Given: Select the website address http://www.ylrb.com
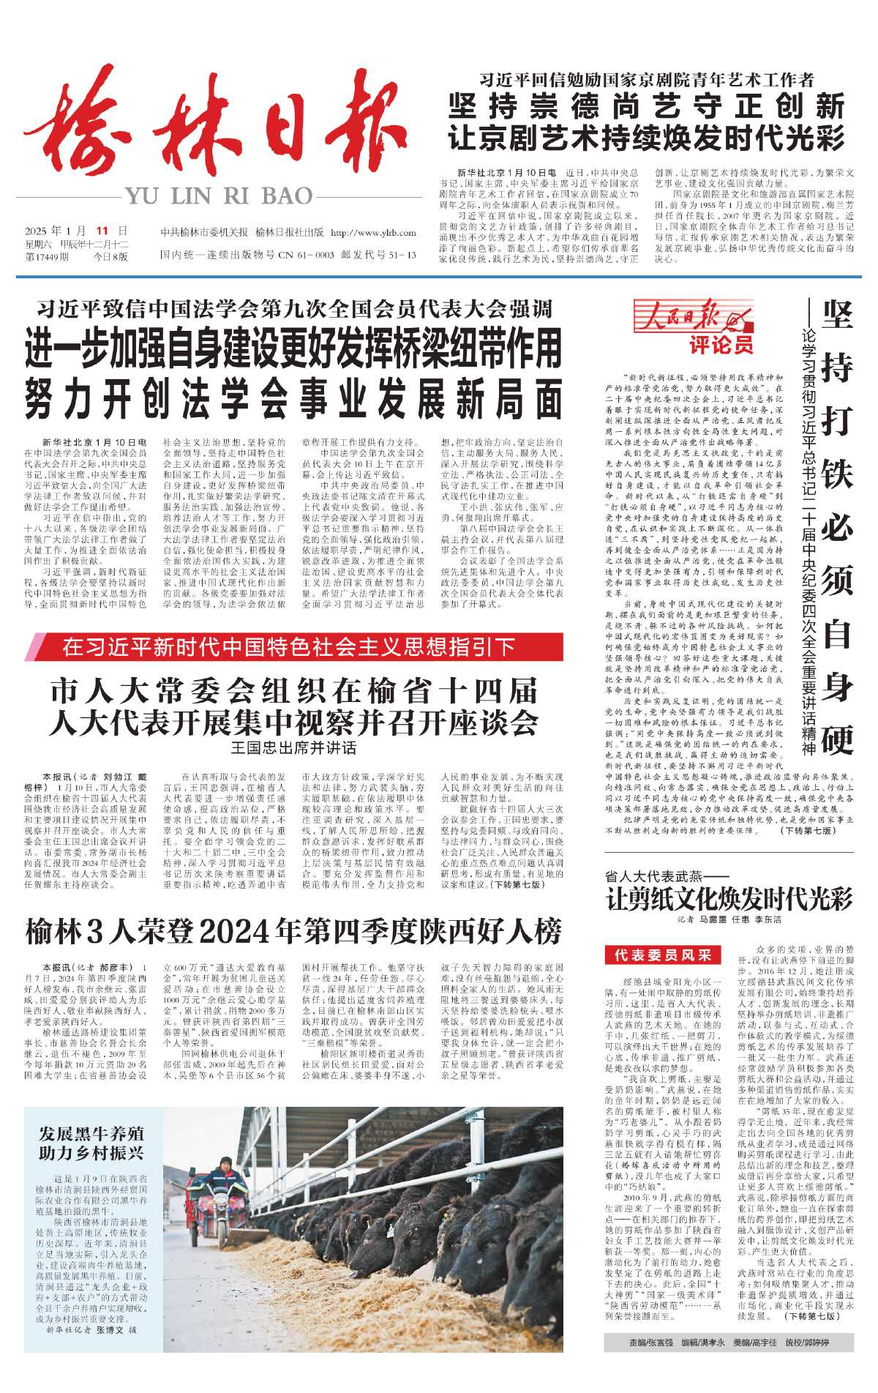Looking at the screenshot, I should pos(373,233).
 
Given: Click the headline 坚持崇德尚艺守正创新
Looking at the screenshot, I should pos(647,107).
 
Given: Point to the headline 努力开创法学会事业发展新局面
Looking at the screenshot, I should pos(293,400).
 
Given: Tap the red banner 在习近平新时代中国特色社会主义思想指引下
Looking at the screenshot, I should pos(289,647).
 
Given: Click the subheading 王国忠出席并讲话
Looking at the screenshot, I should pos(293,747).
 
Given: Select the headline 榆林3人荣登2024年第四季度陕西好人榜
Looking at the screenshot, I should pos(293,932).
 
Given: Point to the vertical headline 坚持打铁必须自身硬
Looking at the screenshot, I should pos(837,527).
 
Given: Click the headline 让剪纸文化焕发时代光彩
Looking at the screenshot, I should pos(729,898).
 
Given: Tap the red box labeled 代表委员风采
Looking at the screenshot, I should pos(663,955).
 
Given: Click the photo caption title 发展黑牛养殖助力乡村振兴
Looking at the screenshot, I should pos(91,1143).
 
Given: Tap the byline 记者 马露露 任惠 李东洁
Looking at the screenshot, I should pos(729,919).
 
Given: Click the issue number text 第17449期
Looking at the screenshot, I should pos(48,257).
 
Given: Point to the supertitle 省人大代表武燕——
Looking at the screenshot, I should pos(654,876).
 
